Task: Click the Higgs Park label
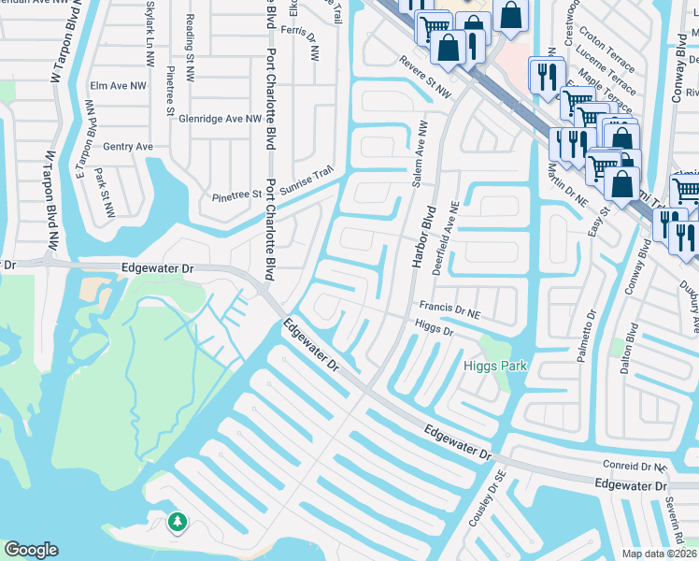(x=494, y=366)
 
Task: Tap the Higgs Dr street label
(x=434, y=328)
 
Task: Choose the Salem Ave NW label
(x=421, y=152)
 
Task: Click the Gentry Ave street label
(x=128, y=147)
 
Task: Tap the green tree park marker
(x=177, y=521)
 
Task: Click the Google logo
(x=31, y=550)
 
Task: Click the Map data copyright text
(x=660, y=554)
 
